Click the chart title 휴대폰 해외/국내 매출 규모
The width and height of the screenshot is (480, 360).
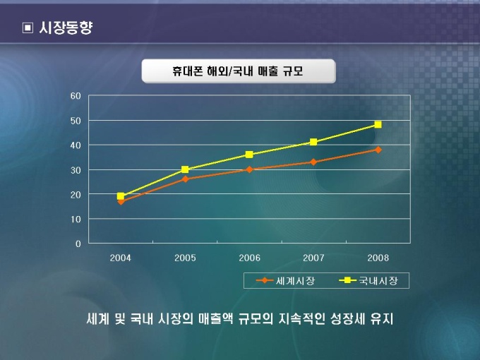[238, 71]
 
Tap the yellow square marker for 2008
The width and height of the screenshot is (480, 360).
[378, 124]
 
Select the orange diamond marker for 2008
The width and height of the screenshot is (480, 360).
[378, 150]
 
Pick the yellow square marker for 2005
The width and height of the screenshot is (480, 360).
[185, 169]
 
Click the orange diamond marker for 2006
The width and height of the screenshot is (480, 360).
[249, 169]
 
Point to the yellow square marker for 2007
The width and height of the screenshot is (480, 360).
[313, 142]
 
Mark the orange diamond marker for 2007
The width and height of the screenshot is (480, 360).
[313, 162]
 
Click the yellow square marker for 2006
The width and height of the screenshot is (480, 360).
[249, 155]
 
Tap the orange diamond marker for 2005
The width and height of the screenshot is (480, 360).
[185, 179]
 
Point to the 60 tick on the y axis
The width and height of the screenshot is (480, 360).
[76, 95]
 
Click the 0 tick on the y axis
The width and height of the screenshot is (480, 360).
[78, 244]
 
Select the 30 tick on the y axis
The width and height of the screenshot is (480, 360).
[76, 169]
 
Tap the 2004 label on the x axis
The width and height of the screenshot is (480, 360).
[121, 258]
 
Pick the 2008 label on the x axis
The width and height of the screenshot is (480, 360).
[378, 258]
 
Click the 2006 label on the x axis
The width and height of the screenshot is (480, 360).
[249, 258]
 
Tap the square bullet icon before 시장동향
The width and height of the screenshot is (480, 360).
[28, 28]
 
